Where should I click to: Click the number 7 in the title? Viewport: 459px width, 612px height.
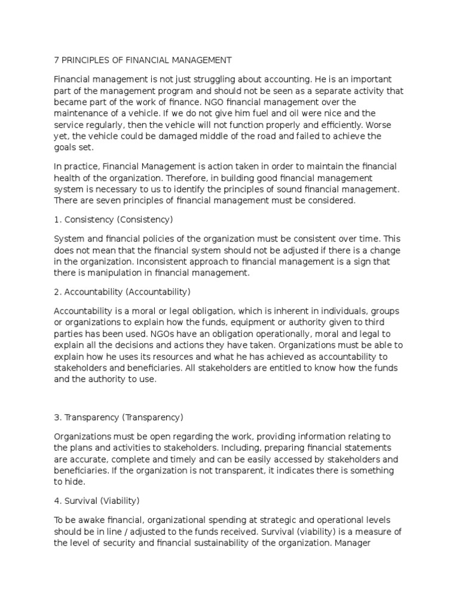(57, 60)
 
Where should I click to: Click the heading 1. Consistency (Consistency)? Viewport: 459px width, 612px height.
(113, 219)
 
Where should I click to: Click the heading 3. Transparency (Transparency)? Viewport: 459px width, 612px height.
(118, 417)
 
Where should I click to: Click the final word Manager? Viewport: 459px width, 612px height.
(354, 543)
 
